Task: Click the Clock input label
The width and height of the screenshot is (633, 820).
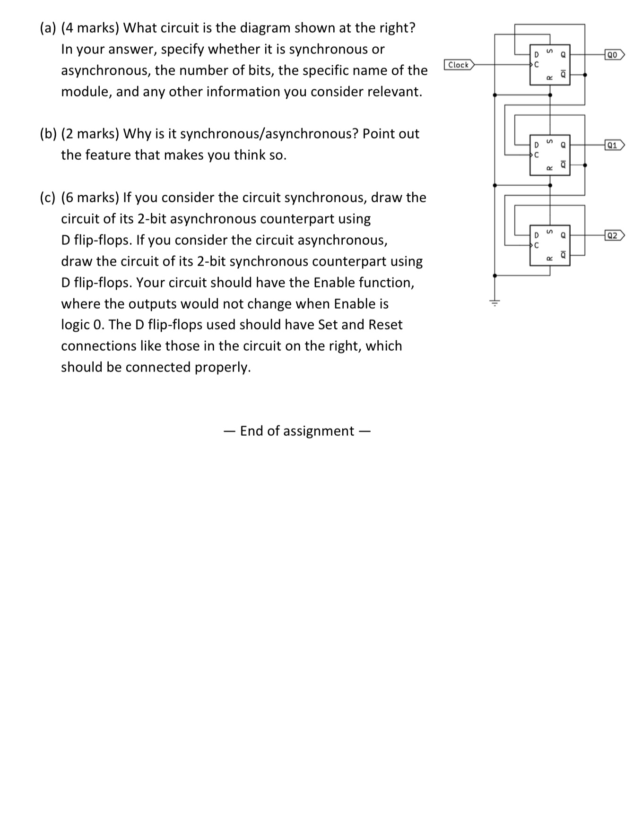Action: (x=459, y=65)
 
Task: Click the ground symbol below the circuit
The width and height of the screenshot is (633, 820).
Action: (x=494, y=302)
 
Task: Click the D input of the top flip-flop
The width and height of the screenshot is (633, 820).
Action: (x=536, y=55)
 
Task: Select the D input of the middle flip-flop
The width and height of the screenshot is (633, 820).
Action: (x=536, y=145)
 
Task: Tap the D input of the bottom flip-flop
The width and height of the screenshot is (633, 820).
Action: (x=536, y=235)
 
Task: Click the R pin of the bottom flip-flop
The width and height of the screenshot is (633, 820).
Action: (x=549, y=259)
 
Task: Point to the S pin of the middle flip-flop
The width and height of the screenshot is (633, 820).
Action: (x=549, y=141)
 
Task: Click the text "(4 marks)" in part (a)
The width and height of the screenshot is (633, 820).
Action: (x=90, y=28)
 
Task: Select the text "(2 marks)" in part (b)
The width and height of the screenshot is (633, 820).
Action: (x=90, y=134)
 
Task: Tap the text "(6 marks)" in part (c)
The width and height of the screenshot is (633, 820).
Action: (x=90, y=198)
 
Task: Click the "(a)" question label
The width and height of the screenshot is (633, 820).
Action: (x=48, y=28)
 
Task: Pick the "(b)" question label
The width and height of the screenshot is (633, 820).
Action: (x=48, y=134)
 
